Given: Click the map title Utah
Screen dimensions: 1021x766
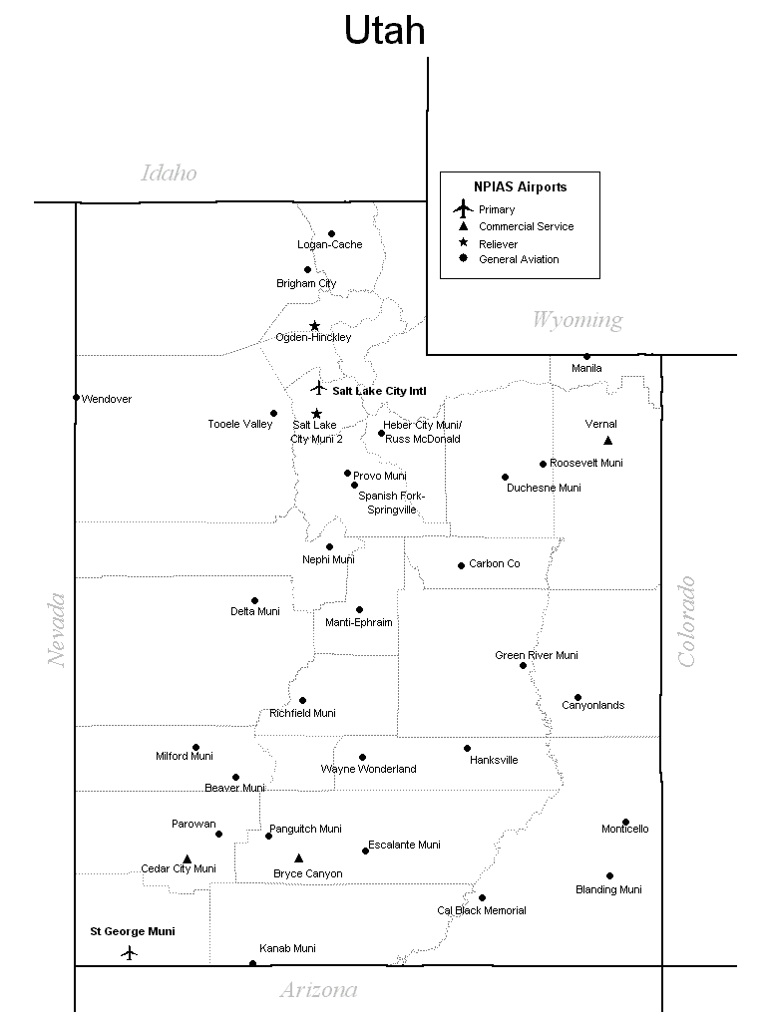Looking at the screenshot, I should click(385, 31).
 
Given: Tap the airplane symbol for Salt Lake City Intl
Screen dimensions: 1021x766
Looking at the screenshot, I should click(318, 388).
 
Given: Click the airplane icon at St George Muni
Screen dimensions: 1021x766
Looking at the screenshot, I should click(129, 952).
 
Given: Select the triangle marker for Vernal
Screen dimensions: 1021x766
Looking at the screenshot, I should click(607, 441).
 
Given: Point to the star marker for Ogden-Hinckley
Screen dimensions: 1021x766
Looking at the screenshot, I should click(314, 326).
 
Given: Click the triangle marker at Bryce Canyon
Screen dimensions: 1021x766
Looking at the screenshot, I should click(298, 858).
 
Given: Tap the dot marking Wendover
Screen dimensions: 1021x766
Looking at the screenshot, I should click(76, 397).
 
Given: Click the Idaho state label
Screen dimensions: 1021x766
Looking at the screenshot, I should click(169, 173).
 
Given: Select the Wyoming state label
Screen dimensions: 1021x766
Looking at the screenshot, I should click(576, 320).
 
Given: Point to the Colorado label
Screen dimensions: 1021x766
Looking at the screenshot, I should click(686, 621).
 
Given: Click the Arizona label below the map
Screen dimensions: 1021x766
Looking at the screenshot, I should click(318, 990).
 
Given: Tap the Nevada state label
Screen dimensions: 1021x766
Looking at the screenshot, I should click(56, 630).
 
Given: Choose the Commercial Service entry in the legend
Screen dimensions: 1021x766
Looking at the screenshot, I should click(526, 226).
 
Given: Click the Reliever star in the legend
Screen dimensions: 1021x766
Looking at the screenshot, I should click(462, 243).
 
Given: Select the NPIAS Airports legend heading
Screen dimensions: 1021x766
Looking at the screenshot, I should click(520, 186).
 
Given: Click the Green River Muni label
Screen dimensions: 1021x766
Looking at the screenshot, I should click(536, 655).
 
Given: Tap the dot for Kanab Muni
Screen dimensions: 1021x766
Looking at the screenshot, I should click(252, 963).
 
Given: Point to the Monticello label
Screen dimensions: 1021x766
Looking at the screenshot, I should click(624, 829).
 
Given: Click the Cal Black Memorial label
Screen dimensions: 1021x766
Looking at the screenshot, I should click(481, 910).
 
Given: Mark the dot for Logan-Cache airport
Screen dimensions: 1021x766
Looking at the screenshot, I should click(331, 234).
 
